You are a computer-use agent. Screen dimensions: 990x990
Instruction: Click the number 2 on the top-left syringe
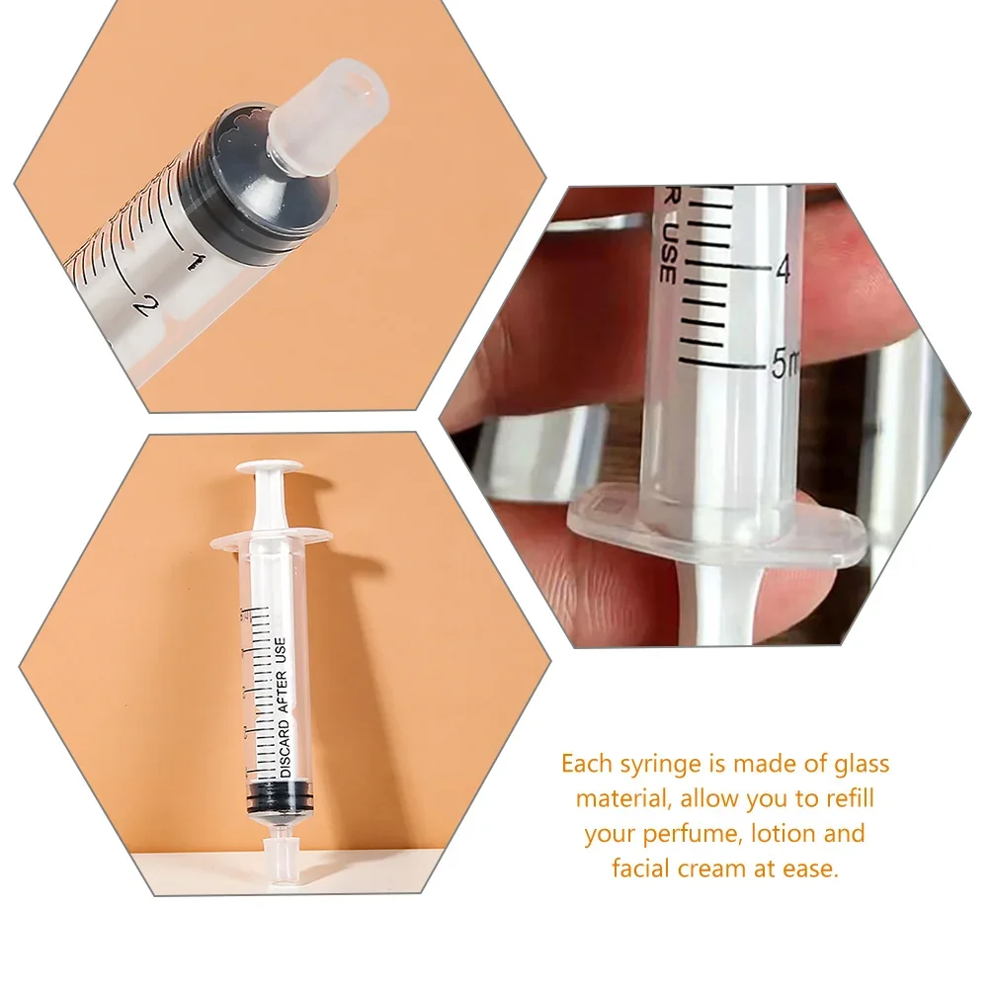point(145,303)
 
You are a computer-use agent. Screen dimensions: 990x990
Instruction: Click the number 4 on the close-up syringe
point(783,269)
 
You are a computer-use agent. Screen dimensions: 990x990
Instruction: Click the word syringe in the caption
point(647,764)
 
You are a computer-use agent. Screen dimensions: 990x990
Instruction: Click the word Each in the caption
point(584,764)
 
